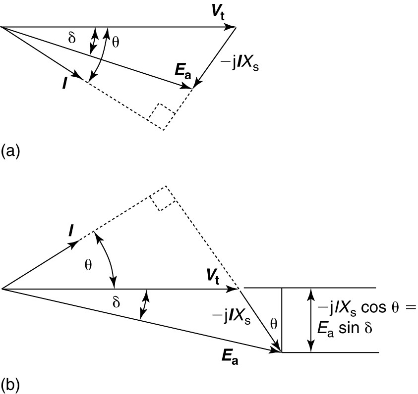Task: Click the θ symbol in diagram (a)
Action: tap(116, 43)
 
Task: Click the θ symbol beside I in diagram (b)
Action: tap(88, 265)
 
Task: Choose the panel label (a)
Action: tap(10, 150)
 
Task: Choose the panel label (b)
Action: tap(10, 384)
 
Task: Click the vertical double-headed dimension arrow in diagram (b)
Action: tap(311, 319)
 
